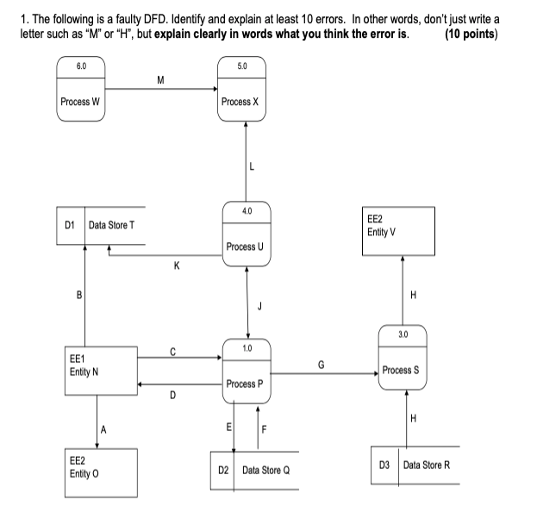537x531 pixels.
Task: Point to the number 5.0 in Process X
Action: click(241, 66)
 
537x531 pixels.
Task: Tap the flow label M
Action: click(160, 80)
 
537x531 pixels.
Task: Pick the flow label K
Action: click(177, 266)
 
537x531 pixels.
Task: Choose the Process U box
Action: click(247, 235)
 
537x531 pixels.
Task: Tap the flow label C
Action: click(172, 350)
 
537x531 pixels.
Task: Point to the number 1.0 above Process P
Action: click(247, 347)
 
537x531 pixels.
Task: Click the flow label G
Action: click(321, 365)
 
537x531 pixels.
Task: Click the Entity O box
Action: click(102, 472)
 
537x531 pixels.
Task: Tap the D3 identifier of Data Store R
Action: click(384, 465)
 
